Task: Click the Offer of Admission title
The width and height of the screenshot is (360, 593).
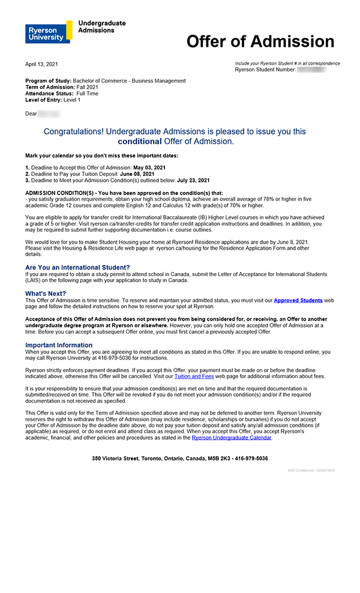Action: tap(260, 41)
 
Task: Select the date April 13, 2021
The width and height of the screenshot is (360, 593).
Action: tap(41, 64)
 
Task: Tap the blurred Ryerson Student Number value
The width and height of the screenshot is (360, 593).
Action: tap(311, 70)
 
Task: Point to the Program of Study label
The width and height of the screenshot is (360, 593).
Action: tap(48, 81)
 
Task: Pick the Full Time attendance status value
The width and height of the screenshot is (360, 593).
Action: tap(88, 94)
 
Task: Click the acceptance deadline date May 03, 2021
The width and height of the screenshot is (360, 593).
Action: tap(149, 167)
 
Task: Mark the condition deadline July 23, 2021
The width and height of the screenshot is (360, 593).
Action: tap(193, 180)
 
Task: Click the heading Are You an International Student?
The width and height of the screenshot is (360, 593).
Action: tap(77, 267)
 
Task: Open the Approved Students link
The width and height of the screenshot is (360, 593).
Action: tap(298, 300)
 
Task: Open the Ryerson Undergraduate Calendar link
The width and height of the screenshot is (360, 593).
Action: tap(232, 438)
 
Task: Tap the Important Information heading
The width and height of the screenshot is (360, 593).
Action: tap(59, 345)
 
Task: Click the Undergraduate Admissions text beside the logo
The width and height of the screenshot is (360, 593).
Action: tap(102, 26)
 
